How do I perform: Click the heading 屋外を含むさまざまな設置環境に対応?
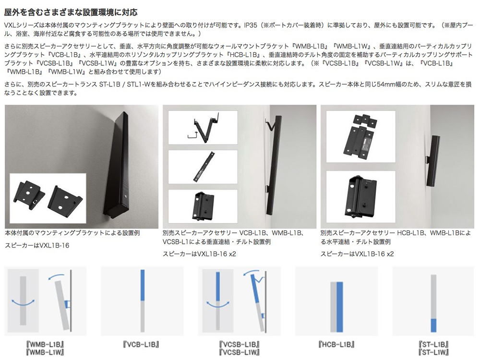coord(71,12)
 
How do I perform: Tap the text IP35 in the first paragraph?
coord(251,25)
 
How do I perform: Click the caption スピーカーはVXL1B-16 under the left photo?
coord(37,245)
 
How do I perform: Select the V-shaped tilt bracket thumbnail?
coord(203,128)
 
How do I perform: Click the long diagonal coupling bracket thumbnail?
coord(203,167)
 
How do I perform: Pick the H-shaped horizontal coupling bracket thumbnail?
coord(361,136)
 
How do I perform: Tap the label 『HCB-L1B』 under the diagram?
coord(336,344)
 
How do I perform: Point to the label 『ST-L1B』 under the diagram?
coord(433,344)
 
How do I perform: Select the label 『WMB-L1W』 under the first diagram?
coord(45,352)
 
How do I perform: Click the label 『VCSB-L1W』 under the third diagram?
coord(240,352)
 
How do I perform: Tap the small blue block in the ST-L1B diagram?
coord(433,325)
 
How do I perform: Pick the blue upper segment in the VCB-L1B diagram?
coord(143,285)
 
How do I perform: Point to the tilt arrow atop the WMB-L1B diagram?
coord(56,276)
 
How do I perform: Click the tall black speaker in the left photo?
coord(115,164)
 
